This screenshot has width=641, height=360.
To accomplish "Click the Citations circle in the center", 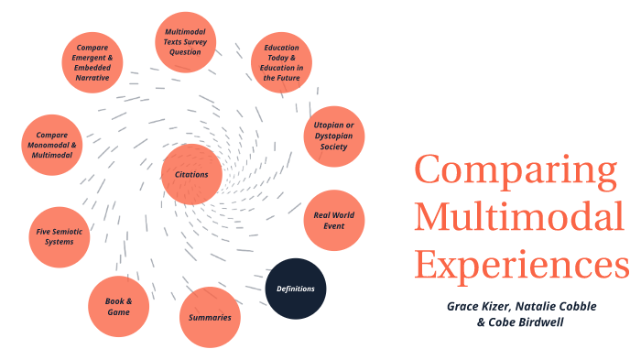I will pyautogui.click(x=191, y=174).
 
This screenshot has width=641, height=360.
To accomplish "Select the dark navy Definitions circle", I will pyautogui.click(x=296, y=289).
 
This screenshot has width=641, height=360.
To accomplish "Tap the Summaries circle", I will pyautogui.click(x=210, y=318).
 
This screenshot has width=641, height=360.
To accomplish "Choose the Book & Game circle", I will pyautogui.click(x=118, y=306).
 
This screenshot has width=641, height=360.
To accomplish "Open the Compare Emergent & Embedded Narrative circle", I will pyautogui.click(x=92, y=63).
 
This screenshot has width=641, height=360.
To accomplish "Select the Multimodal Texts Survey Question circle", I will pyautogui.click(x=185, y=42).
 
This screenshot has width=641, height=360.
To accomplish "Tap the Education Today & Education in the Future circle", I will pyautogui.click(x=282, y=62).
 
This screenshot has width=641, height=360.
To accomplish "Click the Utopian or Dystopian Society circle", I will pyautogui.click(x=334, y=136).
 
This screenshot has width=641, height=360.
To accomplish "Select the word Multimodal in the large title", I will pyautogui.click(x=519, y=219).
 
